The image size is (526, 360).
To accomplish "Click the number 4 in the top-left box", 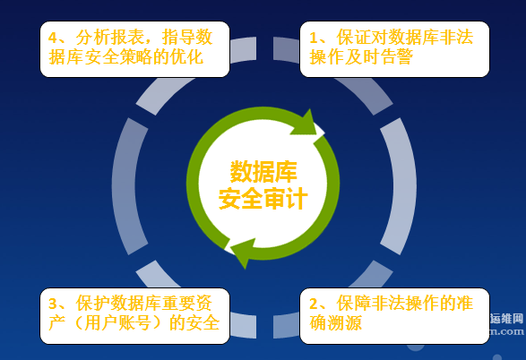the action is point(53,38).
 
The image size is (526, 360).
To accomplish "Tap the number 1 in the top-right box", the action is point(314,38).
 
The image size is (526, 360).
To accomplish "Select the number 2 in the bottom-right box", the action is point(314,304).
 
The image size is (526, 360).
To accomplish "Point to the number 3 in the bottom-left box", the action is point(54,304).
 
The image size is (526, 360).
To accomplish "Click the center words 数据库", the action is point(263,171).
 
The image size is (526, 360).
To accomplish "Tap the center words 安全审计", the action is point(263,198).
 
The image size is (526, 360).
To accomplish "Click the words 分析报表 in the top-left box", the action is point(109,37).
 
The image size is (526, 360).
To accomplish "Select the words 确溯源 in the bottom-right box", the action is point(335,323).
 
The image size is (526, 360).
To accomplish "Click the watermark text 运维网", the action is point(506,319).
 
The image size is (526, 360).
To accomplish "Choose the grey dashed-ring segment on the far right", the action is point(399,186).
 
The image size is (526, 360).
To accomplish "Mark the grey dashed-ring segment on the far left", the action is point(130,186).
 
